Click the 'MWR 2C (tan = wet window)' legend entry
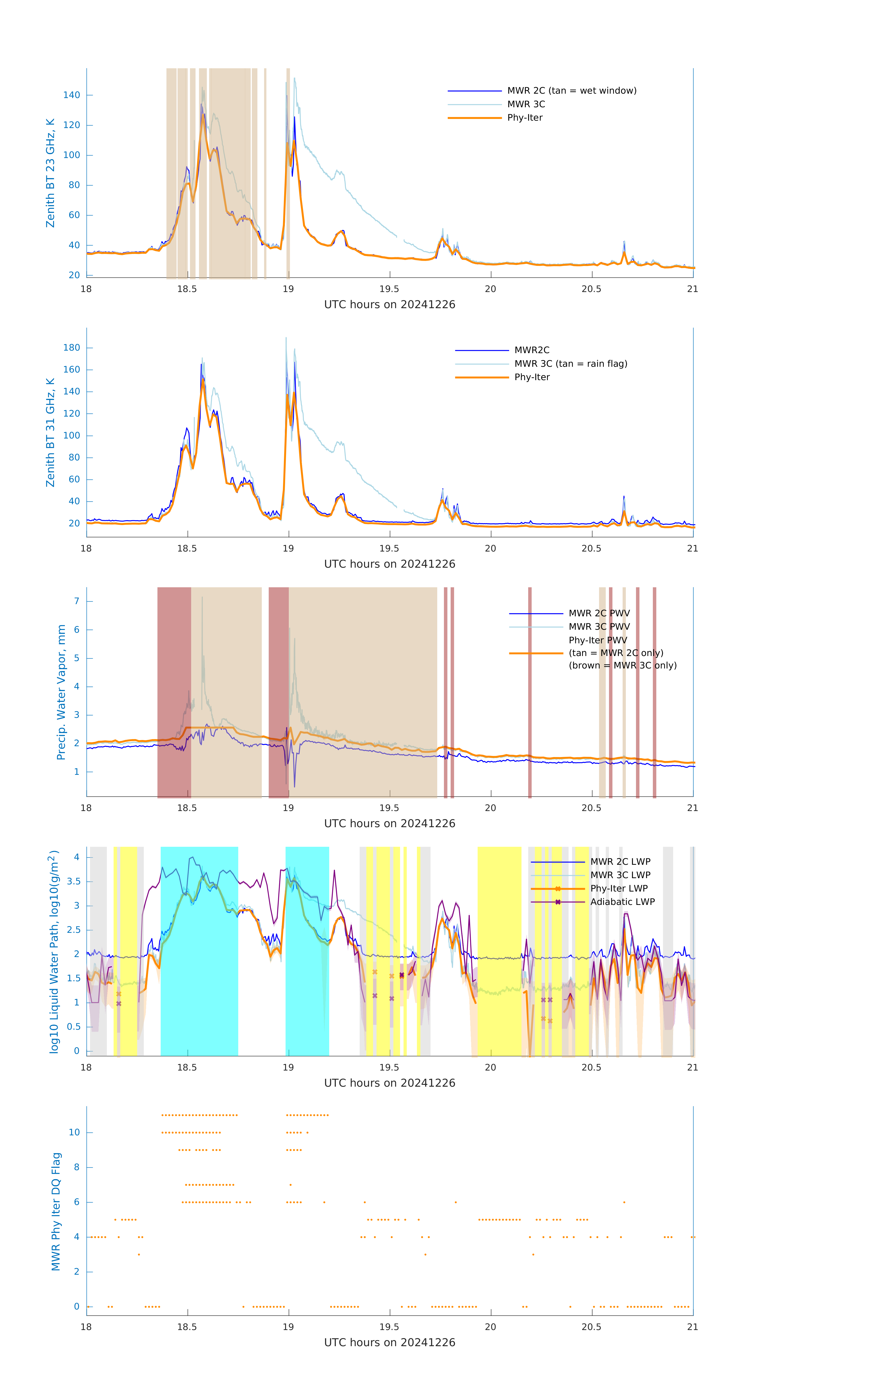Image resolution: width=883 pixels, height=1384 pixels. [x=571, y=91]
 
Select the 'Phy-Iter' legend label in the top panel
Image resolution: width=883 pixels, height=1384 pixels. [x=525, y=118]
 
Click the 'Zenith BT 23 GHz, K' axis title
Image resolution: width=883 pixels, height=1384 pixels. [x=51, y=173]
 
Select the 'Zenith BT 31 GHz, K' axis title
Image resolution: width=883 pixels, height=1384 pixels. [x=51, y=432]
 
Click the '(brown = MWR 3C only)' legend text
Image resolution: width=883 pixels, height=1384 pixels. [x=622, y=665]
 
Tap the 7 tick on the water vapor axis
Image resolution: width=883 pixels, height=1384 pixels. [x=76, y=601]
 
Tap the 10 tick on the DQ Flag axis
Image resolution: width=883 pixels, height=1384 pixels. [x=74, y=1132]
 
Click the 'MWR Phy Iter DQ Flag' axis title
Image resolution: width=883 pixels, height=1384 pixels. [x=56, y=1211]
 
